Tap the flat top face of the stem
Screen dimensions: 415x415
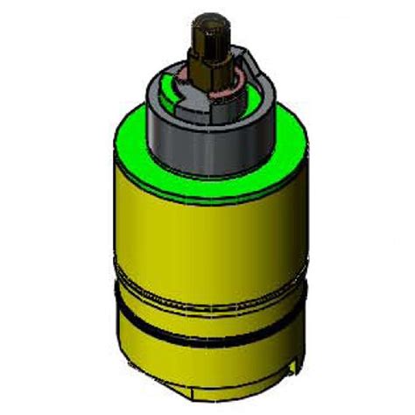tap(207, 18)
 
